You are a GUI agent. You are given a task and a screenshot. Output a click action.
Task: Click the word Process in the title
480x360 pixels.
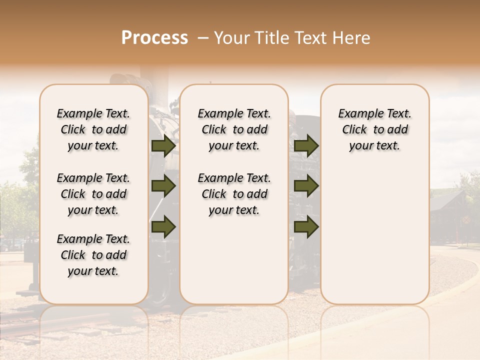click(x=154, y=38)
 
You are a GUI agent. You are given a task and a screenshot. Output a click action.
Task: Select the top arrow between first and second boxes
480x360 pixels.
click(x=163, y=145)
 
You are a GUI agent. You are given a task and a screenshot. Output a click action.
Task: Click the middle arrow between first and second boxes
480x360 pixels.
click(x=163, y=186)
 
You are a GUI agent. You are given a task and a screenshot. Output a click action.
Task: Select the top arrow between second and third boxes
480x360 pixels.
click(x=306, y=145)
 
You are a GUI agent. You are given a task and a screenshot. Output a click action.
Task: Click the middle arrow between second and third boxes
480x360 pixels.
click(x=306, y=186)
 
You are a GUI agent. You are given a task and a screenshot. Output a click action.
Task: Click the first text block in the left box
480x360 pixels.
click(x=93, y=129)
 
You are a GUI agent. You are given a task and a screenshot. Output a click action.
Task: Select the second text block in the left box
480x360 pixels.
click(x=93, y=194)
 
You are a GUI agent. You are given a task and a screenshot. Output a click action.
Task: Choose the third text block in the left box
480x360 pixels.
click(x=93, y=255)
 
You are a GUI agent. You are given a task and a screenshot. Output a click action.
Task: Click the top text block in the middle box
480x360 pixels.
click(x=234, y=129)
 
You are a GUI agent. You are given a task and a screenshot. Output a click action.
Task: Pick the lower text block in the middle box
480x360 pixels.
click(x=234, y=194)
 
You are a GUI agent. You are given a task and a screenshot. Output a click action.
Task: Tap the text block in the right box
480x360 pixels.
click(x=374, y=129)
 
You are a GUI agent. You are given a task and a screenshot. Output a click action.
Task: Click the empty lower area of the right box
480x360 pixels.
click(x=374, y=235)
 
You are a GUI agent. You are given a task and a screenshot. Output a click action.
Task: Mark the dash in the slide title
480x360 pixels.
click(x=203, y=38)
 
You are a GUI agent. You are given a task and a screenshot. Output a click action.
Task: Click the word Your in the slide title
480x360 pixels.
click(x=232, y=38)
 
